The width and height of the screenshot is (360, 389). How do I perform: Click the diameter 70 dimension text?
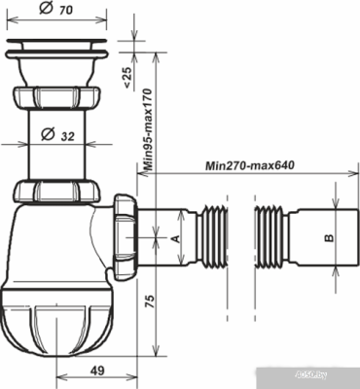pos(66,11)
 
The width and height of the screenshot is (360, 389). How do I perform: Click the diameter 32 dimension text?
pos(67,136)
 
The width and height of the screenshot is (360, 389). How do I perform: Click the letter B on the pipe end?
pos(328,236)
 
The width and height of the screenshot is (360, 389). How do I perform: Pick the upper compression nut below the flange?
pos(55,98)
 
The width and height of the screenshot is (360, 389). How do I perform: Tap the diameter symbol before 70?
pos(47,11)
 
